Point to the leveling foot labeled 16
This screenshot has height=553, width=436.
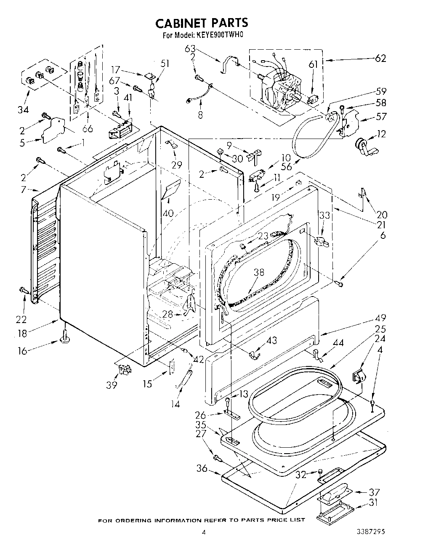tap(65, 337)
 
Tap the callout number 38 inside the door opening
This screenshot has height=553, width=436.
tap(259, 272)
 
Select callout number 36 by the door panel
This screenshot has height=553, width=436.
tap(202, 468)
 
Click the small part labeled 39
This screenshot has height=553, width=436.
tap(125, 369)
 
